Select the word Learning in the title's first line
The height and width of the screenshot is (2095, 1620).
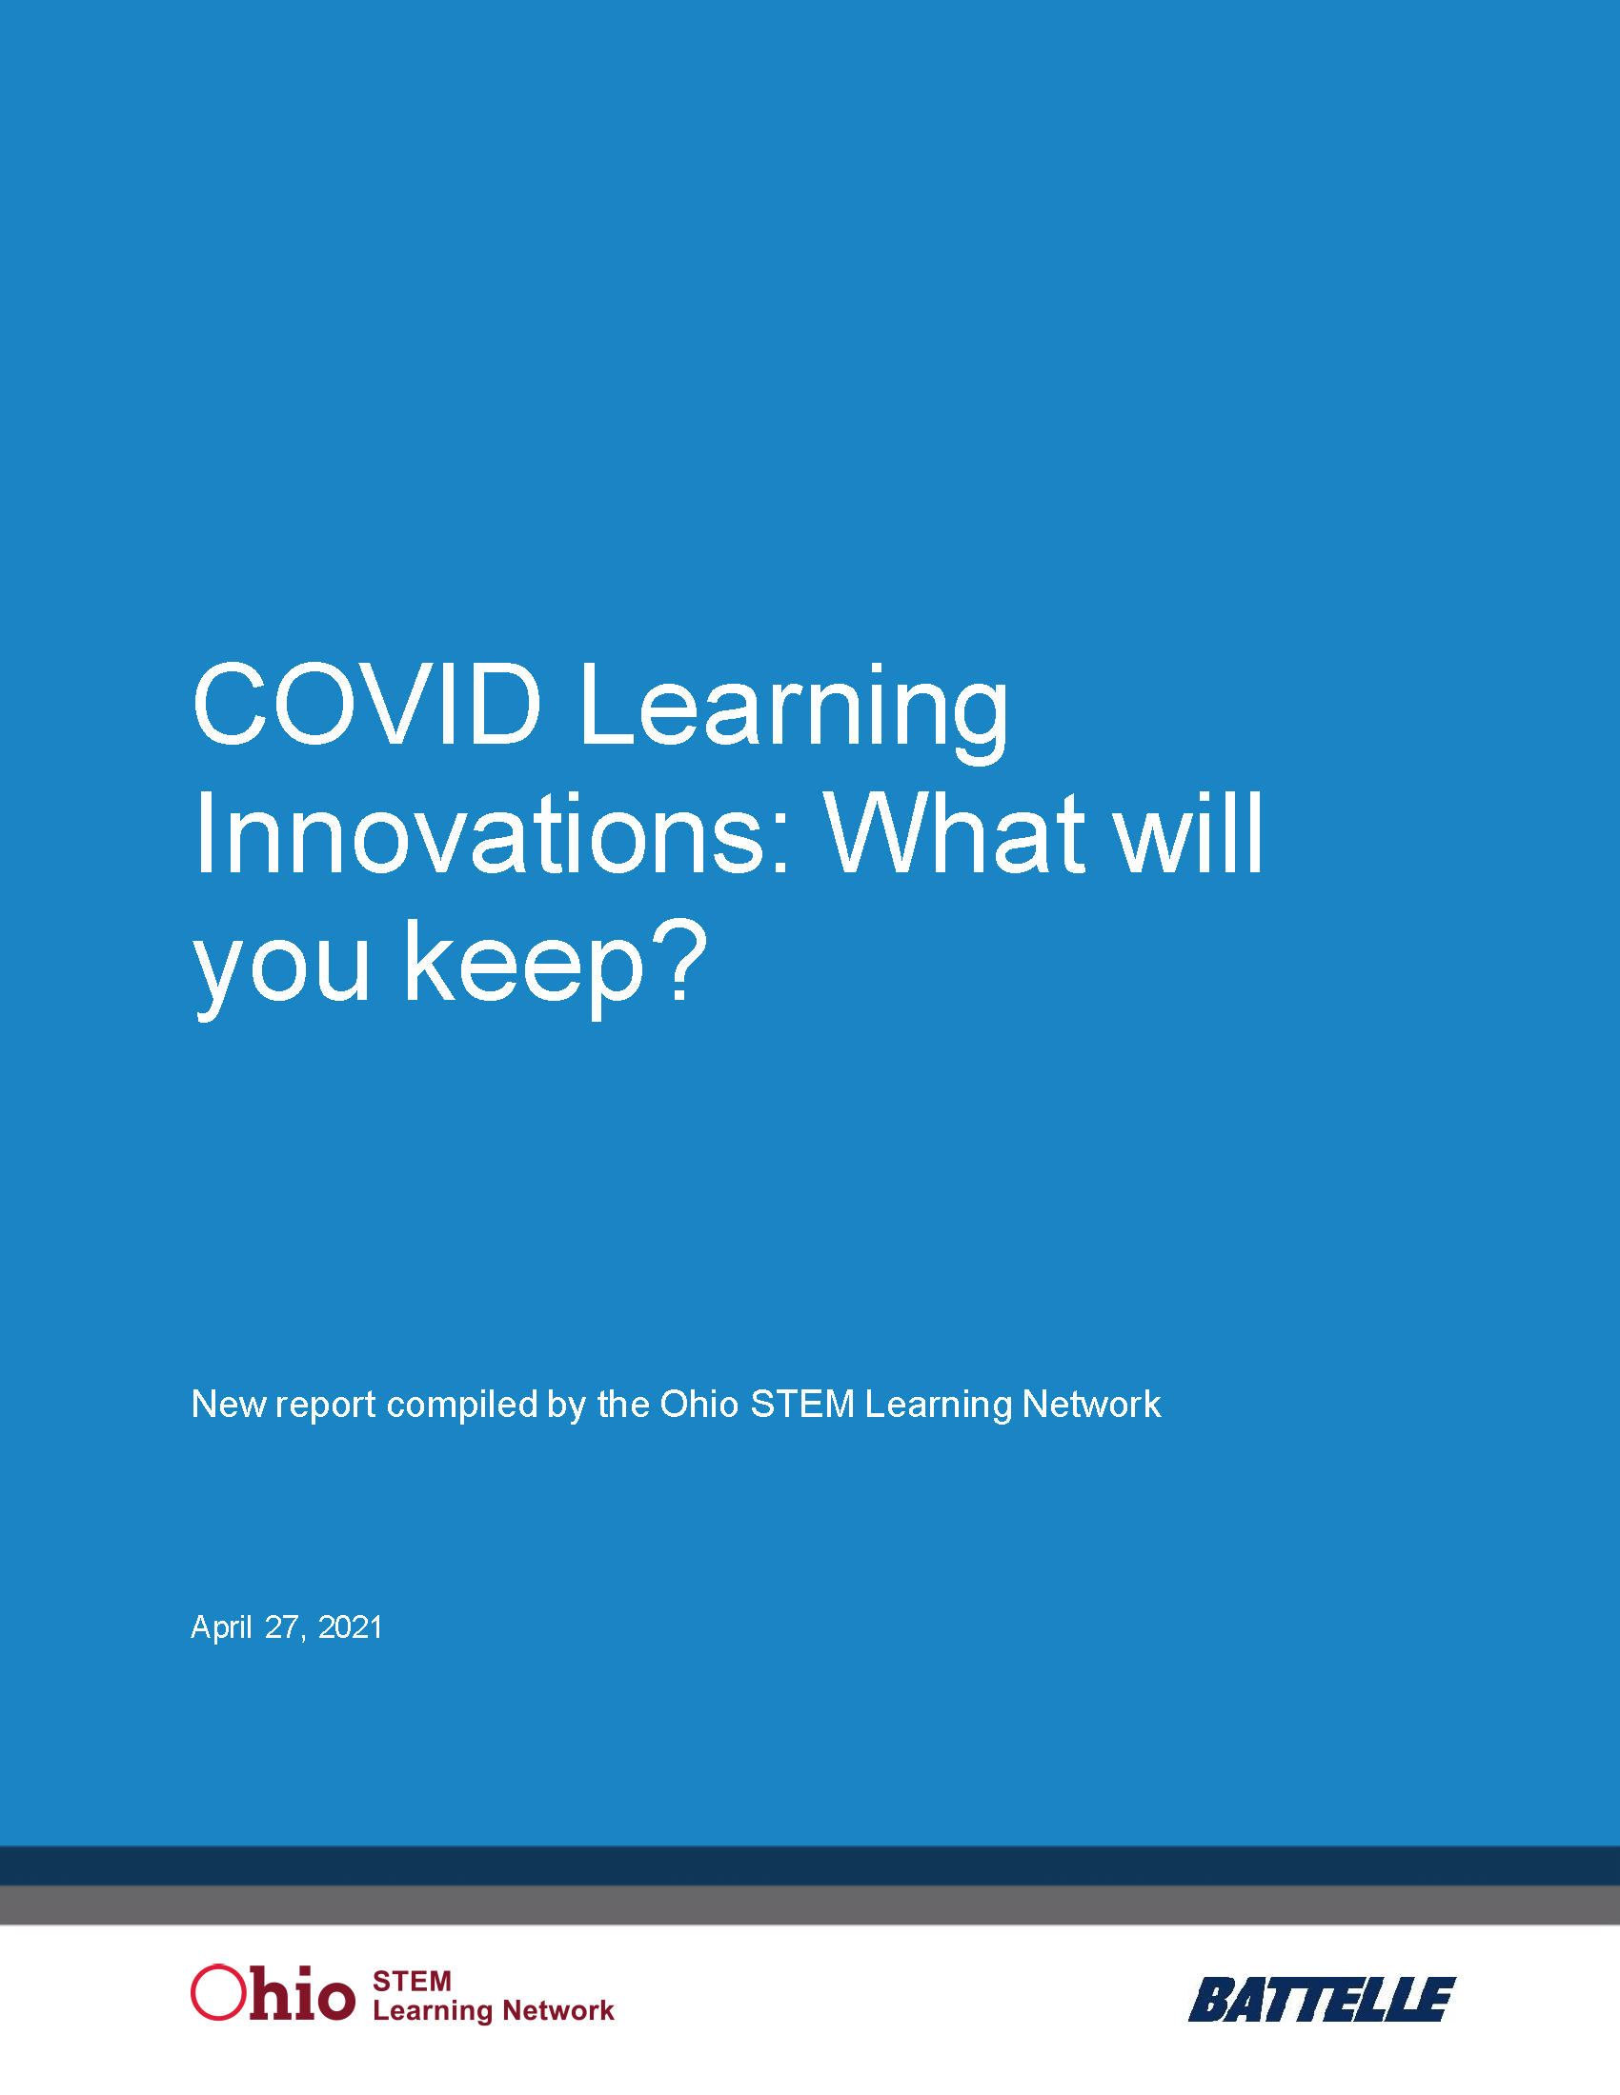pyautogui.click(x=794, y=709)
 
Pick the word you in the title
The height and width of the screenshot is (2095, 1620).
pyautogui.click(x=281, y=964)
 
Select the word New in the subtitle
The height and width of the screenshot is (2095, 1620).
pyautogui.click(x=229, y=1405)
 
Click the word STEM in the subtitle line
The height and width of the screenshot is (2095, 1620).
pyautogui.click(x=801, y=1405)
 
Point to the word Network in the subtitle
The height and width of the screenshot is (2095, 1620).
pyautogui.click(x=1091, y=1405)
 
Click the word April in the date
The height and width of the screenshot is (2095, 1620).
pyautogui.click(x=221, y=1627)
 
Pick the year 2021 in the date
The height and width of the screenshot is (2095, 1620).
pyautogui.click(x=351, y=1627)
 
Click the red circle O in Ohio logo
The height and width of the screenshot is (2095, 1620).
pyautogui.click(x=218, y=1993)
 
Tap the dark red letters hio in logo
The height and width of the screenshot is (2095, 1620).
pyautogui.click(x=302, y=1993)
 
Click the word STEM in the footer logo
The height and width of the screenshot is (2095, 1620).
pyautogui.click(x=412, y=1982)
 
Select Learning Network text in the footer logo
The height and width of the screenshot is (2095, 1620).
pyautogui.click(x=493, y=2010)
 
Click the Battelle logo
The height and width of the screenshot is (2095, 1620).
pyautogui.click(x=1322, y=2000)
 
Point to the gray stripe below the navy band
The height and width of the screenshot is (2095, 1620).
pyautogui.click(x=810, y=1905)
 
